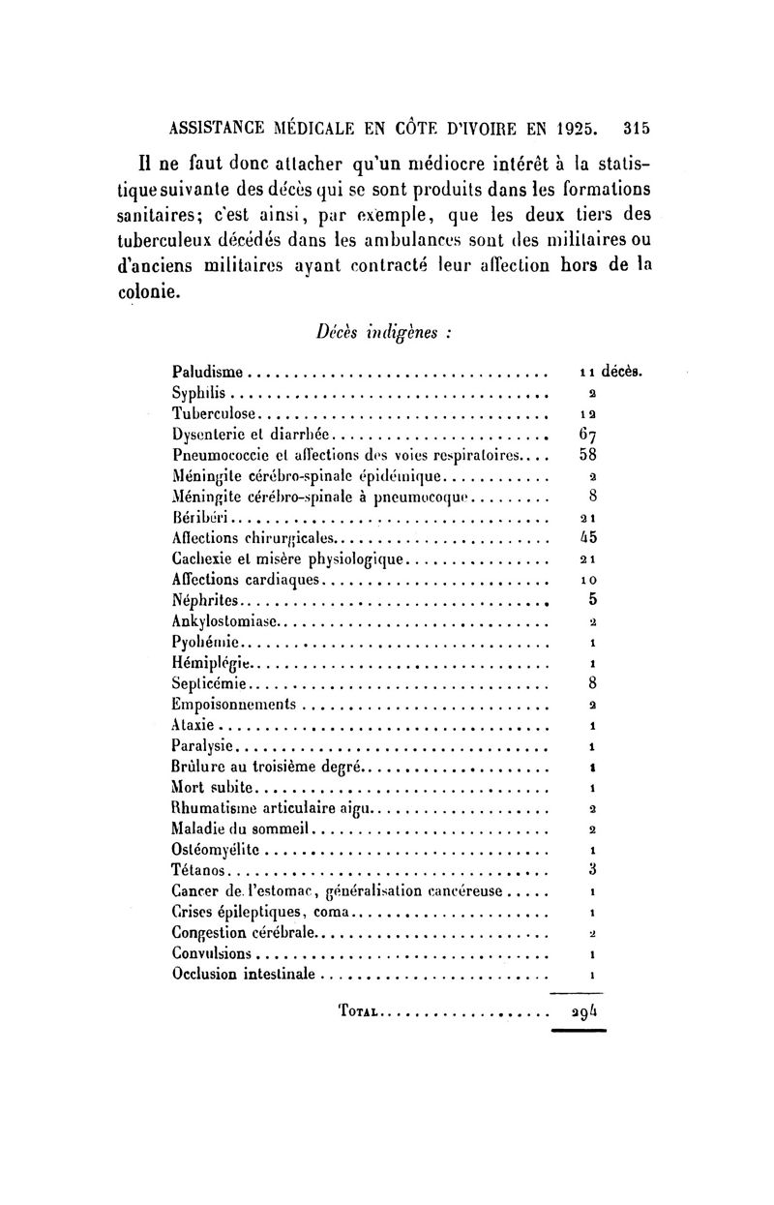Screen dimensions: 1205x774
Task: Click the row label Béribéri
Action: coord(197,517)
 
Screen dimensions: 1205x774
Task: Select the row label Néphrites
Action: coord(203,600)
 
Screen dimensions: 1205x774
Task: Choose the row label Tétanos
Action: coord(197,871)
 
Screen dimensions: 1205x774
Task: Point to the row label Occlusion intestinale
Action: coord(243,975)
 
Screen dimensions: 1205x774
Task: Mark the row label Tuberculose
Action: coord(212,413)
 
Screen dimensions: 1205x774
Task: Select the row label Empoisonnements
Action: coord(233,704)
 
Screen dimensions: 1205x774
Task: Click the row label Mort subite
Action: coord(212,787)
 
